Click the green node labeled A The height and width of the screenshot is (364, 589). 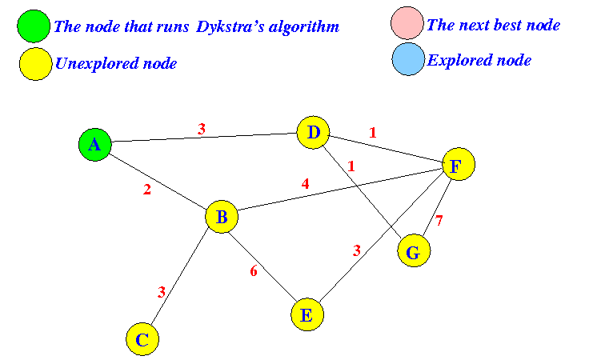pyautogui.click(x=94, y=145)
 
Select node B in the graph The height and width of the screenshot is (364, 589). pyautogui.click(x=222, y=217)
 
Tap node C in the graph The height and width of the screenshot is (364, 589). pyautogui.click(x=142, y=339)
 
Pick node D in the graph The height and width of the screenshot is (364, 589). pyautogui.click(x=313, y=133)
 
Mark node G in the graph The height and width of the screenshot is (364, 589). pyautogui.click(x=413, y=253)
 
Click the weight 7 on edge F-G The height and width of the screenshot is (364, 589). pyautogui.click(x=439, y=221)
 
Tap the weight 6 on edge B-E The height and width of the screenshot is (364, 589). pyautogui.click(x=254, y=271)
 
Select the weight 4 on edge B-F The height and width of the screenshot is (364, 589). pyautogui.click(x=304, y=183)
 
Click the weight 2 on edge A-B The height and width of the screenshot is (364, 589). pyautogui.click(x=147, y=190)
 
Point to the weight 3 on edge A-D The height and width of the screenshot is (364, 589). pyautogui.click(x=202, y=128)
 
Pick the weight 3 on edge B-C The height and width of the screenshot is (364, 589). pyautogui.click(x=161, y=292)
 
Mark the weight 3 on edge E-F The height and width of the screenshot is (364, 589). pyautogui.click(x=357, y=251)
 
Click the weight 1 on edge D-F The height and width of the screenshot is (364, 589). pyautogui.click(x=371, y=132)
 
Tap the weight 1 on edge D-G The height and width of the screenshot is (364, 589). pyautogui.click(x=350, y=166)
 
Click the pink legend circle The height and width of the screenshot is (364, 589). pyautogui.click(x=407, y=23)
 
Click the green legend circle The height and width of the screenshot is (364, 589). pyautogui.click(x=33, y=26)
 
